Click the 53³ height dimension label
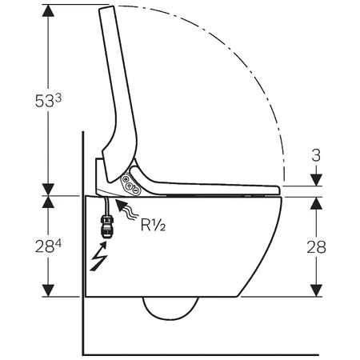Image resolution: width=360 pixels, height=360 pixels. [x=48, y=101]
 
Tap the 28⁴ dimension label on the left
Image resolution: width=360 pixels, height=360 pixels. [x=48, y=246]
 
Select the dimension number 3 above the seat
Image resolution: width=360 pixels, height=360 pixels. [x=316, y=155]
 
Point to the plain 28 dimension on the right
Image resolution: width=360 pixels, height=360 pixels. [x=316, y=247]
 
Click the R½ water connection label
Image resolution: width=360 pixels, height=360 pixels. [x=153, y=225]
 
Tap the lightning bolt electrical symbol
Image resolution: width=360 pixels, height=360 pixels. [x=98, y=256]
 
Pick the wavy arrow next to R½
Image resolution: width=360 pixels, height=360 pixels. [x=127, y=210]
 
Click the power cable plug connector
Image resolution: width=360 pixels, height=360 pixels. [x=106, y=226]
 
